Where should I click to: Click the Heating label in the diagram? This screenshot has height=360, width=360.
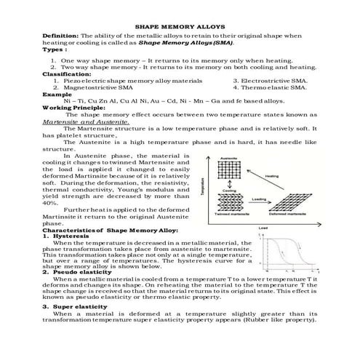(282, 176)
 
